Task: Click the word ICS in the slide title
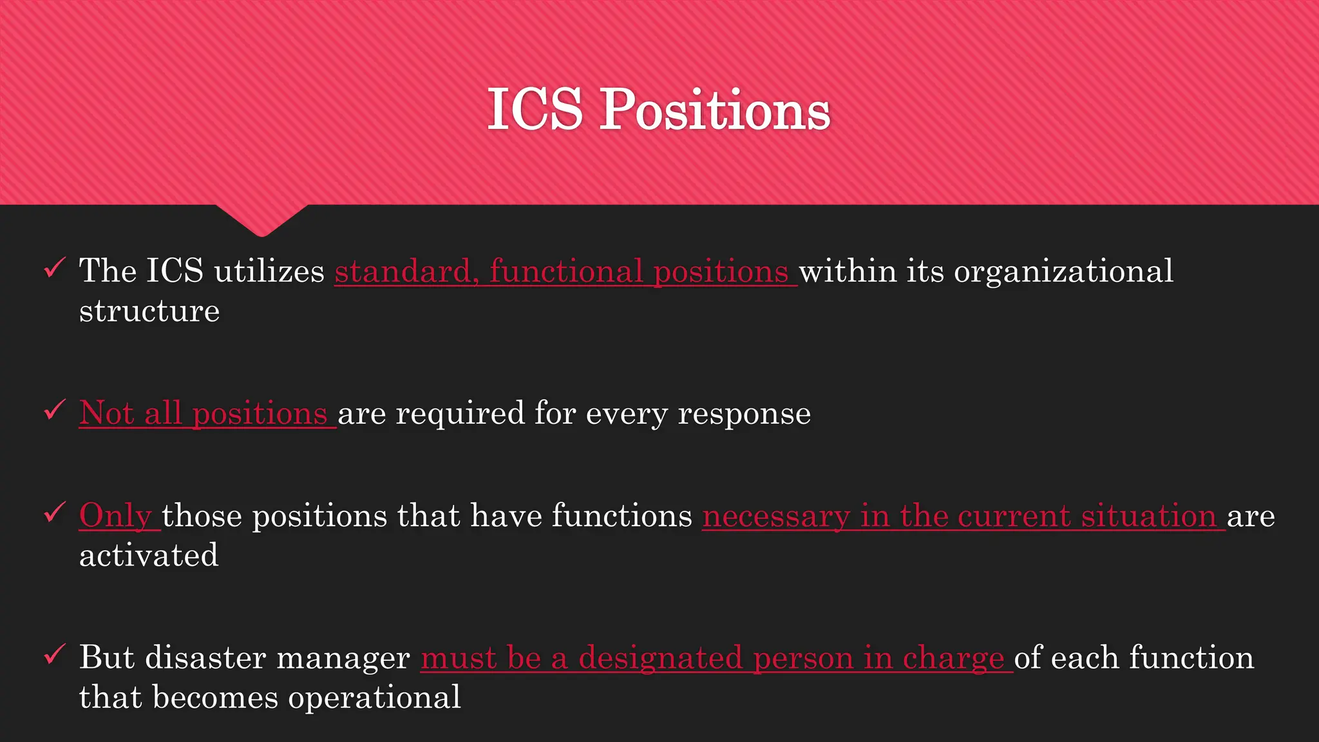coord(535,109)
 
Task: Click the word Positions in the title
coord(715,111)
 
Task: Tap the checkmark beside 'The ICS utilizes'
coord(54,267)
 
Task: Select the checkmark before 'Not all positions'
coord(54,410)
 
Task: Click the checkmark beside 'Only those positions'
coord(54,513)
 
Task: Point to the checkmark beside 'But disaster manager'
coord(54,655)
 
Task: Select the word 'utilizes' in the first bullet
coord(269,271)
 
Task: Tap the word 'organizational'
coord(1063,271)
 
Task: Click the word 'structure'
coord(149,311)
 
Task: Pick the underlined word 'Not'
coord(106,413)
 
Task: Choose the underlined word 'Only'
coord(115,516)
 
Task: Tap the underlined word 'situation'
coord(1148,516)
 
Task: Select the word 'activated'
coord(149,556)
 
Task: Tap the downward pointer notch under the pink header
coord(261,220)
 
